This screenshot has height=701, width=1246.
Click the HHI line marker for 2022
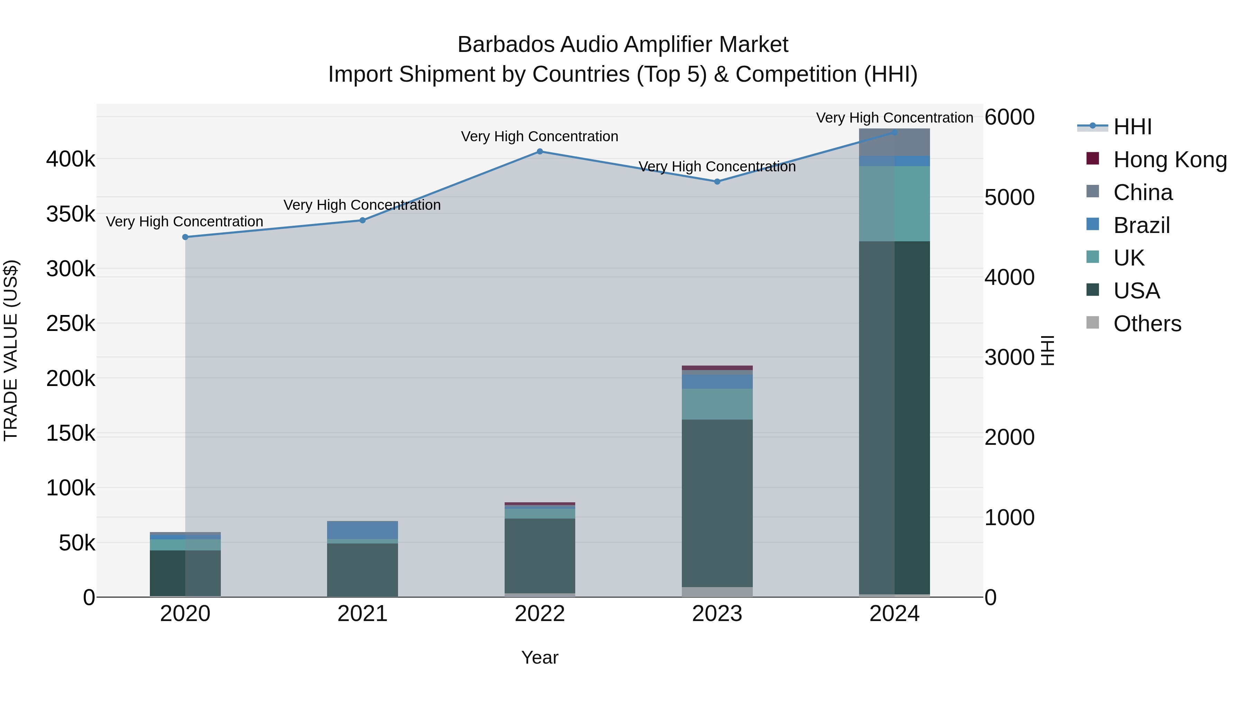(x=540, y=151)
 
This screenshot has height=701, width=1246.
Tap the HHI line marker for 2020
(x=185, y=237)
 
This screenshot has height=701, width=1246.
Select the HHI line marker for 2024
(x=894, y=132)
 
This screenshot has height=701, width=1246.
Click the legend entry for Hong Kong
(x=1170, y=160)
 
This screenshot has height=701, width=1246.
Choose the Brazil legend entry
(x=1141, y=225)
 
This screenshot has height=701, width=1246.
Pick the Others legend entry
(x=1147, y=324)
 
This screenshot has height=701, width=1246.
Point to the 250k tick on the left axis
(x=71, y=323)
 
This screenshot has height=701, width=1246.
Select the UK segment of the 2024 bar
(x=894, y=203)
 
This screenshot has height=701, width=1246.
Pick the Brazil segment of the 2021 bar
(x=362, y=530)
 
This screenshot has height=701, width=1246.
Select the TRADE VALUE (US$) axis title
(x=11, y=350)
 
